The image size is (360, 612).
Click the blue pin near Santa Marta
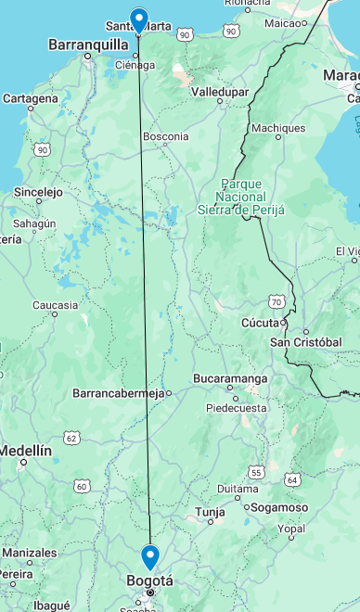coord(139,19)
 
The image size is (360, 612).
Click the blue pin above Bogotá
coord(150,555)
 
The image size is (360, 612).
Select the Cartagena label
coord(31,97)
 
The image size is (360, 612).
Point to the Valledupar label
coord(219,92)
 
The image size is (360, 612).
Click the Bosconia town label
coord(165,136)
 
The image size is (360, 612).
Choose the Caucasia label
coord(55,305)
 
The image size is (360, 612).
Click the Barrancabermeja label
coord(118,393)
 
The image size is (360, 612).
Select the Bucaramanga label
coord(230,378)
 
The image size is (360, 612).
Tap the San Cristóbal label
coord(305,342)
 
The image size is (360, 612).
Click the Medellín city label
coord(26,450)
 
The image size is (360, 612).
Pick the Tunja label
coord(210,511)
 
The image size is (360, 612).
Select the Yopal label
coord(290,529)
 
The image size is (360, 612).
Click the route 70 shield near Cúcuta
coord(276,301)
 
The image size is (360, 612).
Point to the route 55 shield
coord(256,473)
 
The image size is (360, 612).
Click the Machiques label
coord(278,128)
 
